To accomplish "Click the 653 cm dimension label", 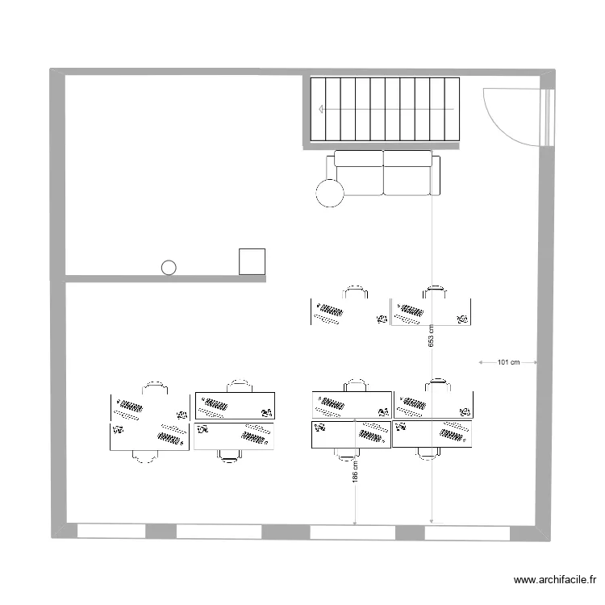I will coord(432,336).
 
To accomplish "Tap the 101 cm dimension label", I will coord(507,363).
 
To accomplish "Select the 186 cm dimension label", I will coord(355,472).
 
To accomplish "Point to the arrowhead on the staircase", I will coord(322,109).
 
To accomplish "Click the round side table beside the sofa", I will coord(330,193).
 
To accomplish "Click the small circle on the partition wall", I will coord(169,267).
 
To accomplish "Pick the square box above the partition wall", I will coord(252,261).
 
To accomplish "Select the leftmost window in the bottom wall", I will coord(111,532).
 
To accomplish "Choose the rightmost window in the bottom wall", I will coord(467,532).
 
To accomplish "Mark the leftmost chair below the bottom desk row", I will coord(144,457).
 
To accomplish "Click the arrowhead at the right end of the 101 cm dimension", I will coord(535,363).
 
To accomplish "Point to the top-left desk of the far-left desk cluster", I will coord(149,407).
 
